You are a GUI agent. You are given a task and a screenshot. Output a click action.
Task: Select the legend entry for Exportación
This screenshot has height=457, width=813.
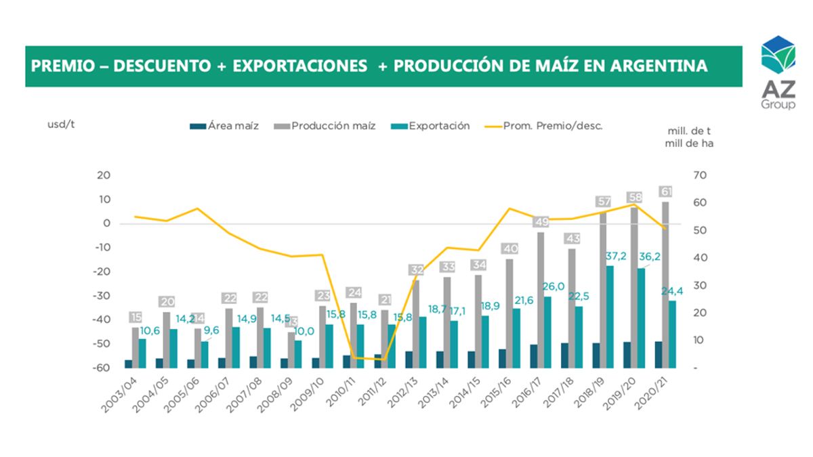(x=438, y=126)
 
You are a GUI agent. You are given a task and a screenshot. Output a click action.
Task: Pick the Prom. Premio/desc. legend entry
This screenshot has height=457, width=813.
(x=552, y=126)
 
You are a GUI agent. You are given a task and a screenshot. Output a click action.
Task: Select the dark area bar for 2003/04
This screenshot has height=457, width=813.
(x=128, y=364)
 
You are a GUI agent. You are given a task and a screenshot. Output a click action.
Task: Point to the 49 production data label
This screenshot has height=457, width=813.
(x=541, y=222)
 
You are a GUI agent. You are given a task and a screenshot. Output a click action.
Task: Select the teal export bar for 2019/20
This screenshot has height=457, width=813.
(x=641, y=318)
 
